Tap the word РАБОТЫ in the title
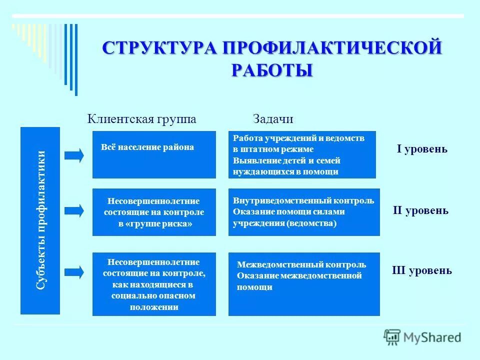tap(272, 69)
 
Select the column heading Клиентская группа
tap(142, 119)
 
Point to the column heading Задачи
tap(273, 119)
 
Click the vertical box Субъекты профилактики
tap(40, 220)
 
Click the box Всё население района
tap(154, 154)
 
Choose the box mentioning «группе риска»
tap(154, 212)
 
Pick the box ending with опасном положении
tap(154, 284)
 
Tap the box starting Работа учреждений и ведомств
tap(302, 154)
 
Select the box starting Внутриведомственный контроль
tap(304, 212)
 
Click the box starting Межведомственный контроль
tap(304, 284)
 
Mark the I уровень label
tap(422, 149)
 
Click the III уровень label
tap(421, 271)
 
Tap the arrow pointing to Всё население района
tap(74, 155)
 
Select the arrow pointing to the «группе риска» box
tap(74, 211)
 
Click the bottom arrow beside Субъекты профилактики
tap(74, 272)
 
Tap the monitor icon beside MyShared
tap(392, 337)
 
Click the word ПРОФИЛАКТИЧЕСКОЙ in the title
tap(332, 49)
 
